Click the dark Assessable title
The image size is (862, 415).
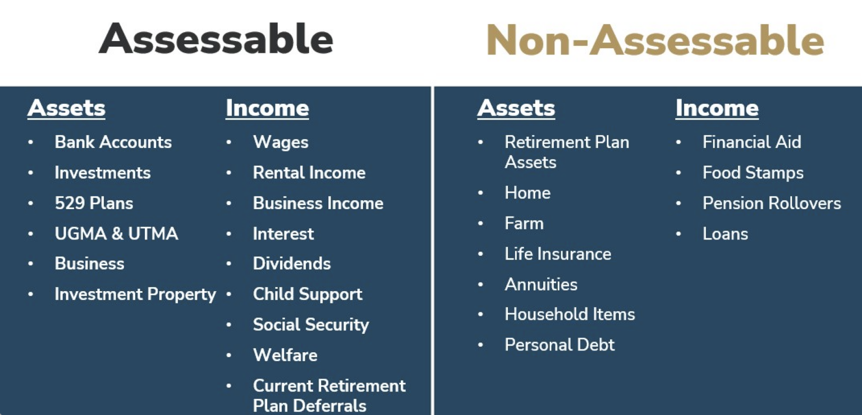[216, 39]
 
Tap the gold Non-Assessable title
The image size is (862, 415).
[655, 40]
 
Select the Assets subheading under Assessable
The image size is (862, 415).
[66, 108]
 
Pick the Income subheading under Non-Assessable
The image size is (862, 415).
[717, 108]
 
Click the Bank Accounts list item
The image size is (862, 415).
[113, 142]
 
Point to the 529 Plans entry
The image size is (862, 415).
[94, 203]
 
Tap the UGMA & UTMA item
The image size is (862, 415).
[116, 233]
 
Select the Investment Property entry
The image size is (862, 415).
[135, 294]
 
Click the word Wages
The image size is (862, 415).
[281, 142]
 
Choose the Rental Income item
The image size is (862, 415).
[309, 173]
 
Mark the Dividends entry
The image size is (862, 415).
[292, 264]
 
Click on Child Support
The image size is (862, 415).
[308, 294]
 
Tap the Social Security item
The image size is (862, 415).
[310, 325]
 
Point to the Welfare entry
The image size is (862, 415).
[285, 354]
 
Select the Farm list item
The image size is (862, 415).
[524, 223]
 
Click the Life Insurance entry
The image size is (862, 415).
[558, 254]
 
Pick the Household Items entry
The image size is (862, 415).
[570, 314]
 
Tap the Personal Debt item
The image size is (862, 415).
[560, 344]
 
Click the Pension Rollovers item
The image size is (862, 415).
[772, 203]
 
